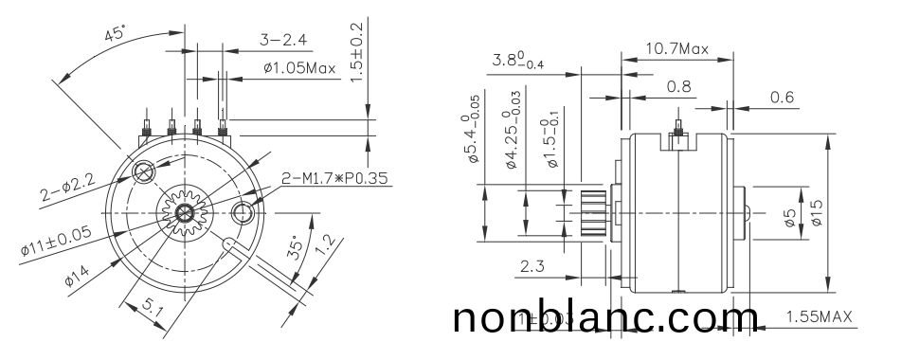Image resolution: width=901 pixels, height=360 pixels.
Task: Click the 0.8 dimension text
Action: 677,86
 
